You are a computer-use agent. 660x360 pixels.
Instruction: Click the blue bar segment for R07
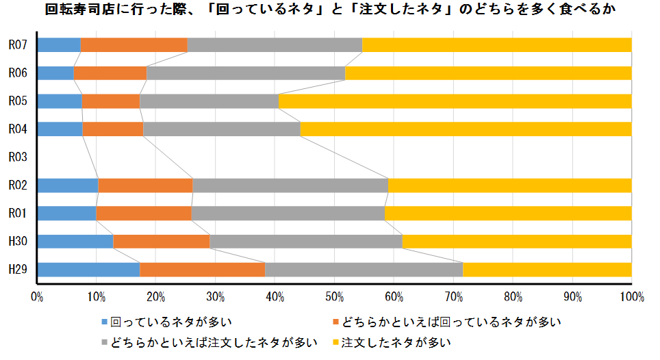59,45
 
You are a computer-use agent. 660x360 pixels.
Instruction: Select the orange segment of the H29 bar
202,270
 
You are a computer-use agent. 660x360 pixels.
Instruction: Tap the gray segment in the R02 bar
290,185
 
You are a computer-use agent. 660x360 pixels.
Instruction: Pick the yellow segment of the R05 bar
455,101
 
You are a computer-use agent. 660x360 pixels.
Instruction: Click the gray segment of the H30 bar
305,242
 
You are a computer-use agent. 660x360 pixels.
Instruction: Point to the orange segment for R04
113,129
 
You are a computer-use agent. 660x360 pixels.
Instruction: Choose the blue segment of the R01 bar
66,214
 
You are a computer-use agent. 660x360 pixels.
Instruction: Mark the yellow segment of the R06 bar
488,73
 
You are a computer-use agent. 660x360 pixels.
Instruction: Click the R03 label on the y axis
17,157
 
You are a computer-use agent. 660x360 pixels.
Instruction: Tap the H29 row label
17,270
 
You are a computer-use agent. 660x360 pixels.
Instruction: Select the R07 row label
17,45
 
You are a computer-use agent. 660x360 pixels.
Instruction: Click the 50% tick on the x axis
334,296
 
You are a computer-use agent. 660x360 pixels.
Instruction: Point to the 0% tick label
37,296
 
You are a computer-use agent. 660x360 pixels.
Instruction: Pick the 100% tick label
631,296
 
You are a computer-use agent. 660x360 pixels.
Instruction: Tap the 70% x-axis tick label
453,296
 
